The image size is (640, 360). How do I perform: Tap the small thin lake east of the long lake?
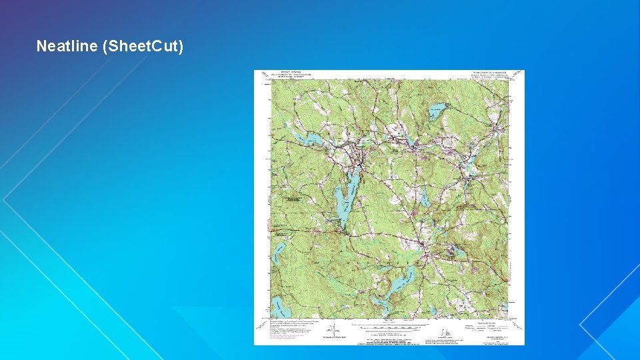click(424, 197)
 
